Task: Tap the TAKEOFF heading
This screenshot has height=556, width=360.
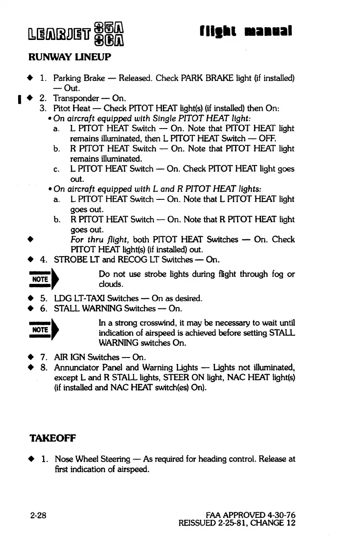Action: [53, 439]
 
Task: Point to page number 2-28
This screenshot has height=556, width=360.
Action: [40, 515]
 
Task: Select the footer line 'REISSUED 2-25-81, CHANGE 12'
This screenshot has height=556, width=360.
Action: [237, 524]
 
